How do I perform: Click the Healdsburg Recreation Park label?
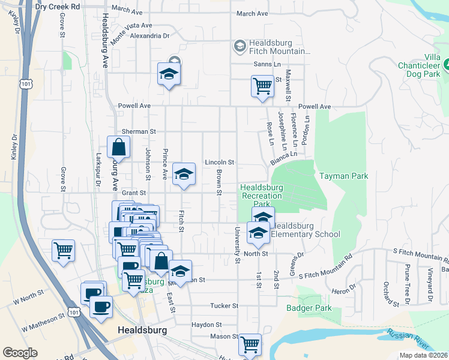coord(261,196)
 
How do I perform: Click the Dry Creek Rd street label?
coord(58,6)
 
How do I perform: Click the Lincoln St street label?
coord(219,162)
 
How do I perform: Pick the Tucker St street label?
coord(224,306)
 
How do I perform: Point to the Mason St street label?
coord(224,337)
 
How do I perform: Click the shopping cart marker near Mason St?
coord(250,345)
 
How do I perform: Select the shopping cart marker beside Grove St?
coord(63,250)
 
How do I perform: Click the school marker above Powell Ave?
coord(169,74)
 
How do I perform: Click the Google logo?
coord(20,353)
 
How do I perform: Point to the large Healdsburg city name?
coord(143,330)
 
